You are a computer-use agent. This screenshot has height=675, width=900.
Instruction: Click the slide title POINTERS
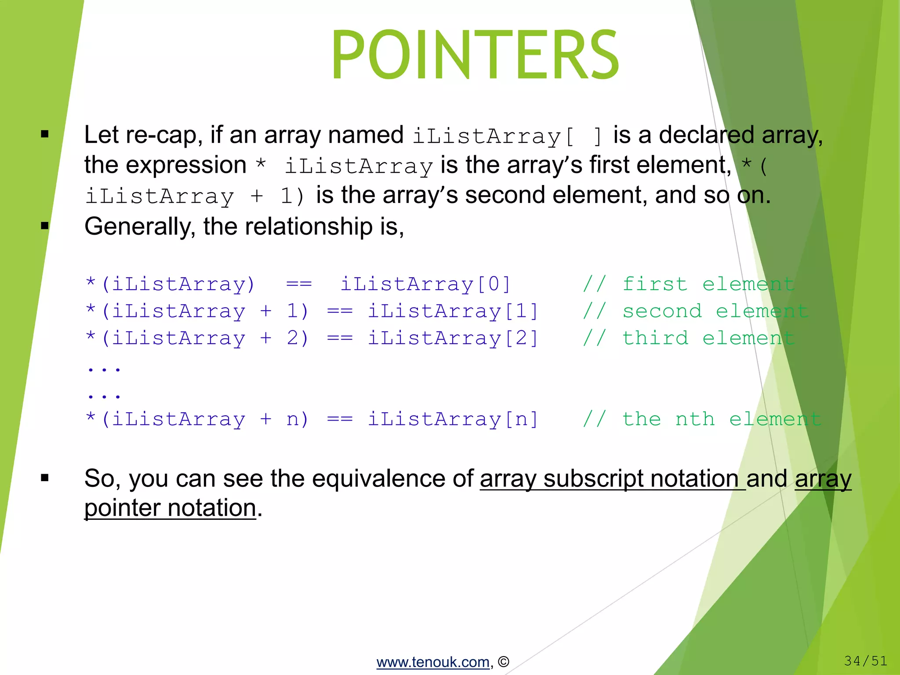pyautogui.click(x=475, y=55)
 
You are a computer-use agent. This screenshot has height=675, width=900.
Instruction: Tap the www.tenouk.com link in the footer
pyautogui.click(x=433, y=662)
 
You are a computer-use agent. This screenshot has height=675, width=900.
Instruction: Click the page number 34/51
pyautogui.click(x=865, y=660)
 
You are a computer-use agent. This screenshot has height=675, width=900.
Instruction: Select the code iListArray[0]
pyautogui.click(x=425, y=284)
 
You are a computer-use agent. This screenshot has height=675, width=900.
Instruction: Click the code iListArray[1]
pyautogui.click(x=453, y=311)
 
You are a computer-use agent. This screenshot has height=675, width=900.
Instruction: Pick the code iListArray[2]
pyautogui.click(x=453, y=338)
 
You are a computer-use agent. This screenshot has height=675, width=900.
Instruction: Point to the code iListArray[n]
pyautogui.click(x=453, y=419)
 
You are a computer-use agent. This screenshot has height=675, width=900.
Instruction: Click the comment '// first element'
pyautogui.click(x=688, y=284)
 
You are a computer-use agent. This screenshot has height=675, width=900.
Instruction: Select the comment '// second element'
pyautogui.click(x=695, y=311)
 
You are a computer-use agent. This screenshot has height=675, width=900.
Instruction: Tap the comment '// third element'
pyautogui.click(x=688, y=338)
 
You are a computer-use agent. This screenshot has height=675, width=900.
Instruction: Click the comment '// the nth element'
pyautogui.click(x=702, y=419)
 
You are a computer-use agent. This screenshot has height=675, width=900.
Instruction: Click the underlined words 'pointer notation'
pyautogui.click(x=170, y=508)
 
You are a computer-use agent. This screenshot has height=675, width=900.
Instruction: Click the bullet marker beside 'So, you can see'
pyautogui.click(x=44, y=478)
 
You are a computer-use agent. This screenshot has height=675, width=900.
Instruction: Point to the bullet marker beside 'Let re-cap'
pyautogui.click(x=44, y=134)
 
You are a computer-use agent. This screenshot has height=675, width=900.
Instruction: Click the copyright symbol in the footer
pyautogui.click(x=504, y=662)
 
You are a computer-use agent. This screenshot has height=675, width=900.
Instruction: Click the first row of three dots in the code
pyautogui.click(x=104, y=369)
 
